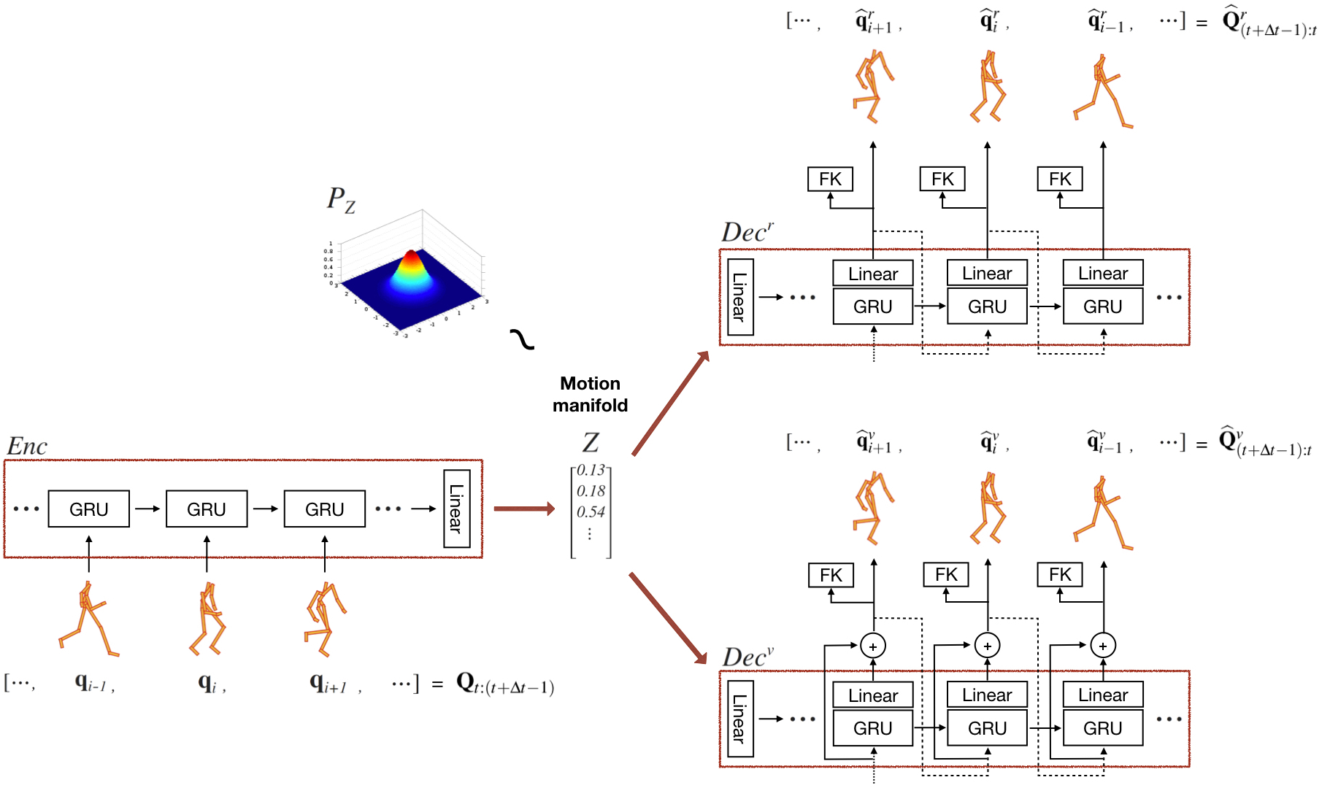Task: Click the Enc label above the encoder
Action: (27, 446)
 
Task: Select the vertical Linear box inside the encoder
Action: (456, 509)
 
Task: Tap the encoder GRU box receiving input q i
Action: (207, 509)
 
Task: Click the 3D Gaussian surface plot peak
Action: (412, 257)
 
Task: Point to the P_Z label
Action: (340, 199)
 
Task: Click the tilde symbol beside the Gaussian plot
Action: (522, 339)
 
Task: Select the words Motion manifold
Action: (590, 394)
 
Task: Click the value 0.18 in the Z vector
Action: (591, 491)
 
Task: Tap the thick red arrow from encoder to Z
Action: (523, 509)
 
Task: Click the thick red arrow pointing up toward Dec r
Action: (670, 403)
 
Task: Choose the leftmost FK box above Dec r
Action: (830, 179)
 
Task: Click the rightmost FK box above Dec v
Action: (1060, 575)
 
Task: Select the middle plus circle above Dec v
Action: (988, 646)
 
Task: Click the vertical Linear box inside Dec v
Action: (739, 719)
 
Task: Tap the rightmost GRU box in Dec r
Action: (1102, 306)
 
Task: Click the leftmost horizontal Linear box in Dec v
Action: (873, 695)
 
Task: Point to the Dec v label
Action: (747, 657)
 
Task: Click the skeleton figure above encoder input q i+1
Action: (324, 618)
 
